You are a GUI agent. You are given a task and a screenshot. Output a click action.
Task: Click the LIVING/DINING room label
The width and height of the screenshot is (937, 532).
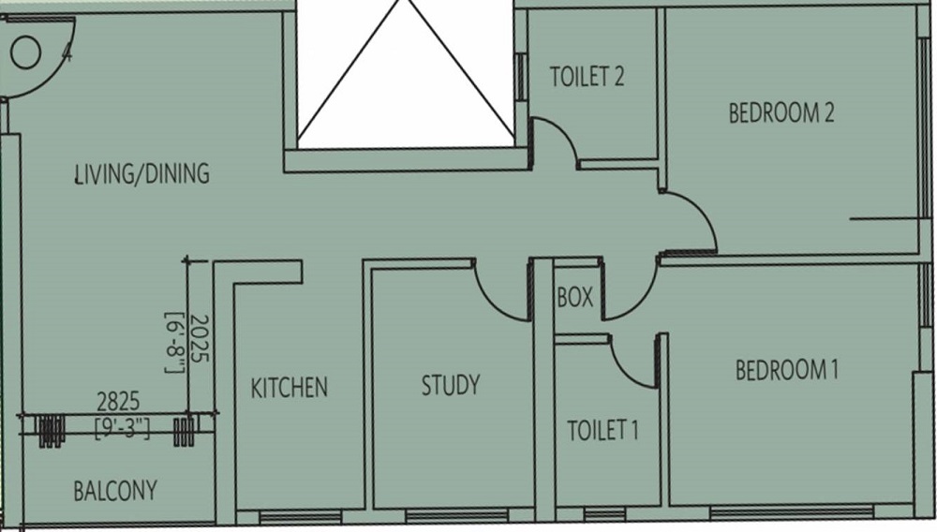point(142,173)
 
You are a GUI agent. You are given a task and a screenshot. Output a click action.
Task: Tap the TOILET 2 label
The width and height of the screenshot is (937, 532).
point(587,77)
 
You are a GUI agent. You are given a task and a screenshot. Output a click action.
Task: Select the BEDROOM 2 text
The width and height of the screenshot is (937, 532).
point(781,113)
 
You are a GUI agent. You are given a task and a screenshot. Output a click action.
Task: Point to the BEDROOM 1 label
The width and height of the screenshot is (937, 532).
point(786,371)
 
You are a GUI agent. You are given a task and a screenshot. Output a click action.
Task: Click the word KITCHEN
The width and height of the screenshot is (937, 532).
point(290,387)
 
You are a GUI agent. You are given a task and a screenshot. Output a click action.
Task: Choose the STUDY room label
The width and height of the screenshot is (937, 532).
point(450,385)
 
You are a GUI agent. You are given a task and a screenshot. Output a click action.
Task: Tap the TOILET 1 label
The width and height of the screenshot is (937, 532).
point(602,431)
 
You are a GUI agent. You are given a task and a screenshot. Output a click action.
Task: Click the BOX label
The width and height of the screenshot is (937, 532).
point(574,298)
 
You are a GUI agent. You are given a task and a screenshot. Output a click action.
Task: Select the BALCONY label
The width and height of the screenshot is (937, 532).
point(115,491)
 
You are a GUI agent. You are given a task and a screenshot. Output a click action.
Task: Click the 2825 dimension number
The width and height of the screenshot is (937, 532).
point(118,402)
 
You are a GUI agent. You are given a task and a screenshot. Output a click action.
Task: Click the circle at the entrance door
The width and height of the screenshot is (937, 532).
point(27,52)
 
